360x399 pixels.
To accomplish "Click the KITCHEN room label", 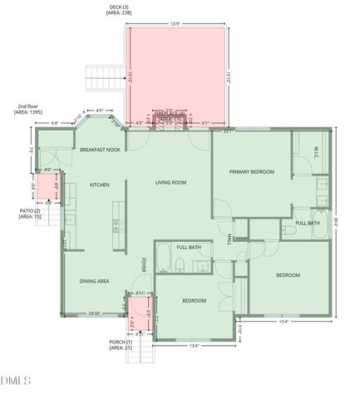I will [x=100, y=185].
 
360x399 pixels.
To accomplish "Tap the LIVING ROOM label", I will [x=170, y=182].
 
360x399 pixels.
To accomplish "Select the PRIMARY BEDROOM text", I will [x=252, y=171].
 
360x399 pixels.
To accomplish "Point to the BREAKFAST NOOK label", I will [x=101, y=150].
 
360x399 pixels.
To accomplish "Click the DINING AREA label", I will [x=95, y=281].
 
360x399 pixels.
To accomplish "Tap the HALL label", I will [x=229, y=239].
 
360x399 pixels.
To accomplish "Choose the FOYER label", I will [x=143, y=264].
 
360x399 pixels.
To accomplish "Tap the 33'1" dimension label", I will [x=228, y=131].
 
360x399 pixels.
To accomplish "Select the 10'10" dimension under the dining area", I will [x=94, y=313].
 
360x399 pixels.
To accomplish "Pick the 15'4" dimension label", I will [x=284, y=323].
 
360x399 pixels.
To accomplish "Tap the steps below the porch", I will [x=142, y=356].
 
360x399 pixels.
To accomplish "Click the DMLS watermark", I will [x=16, y=382].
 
